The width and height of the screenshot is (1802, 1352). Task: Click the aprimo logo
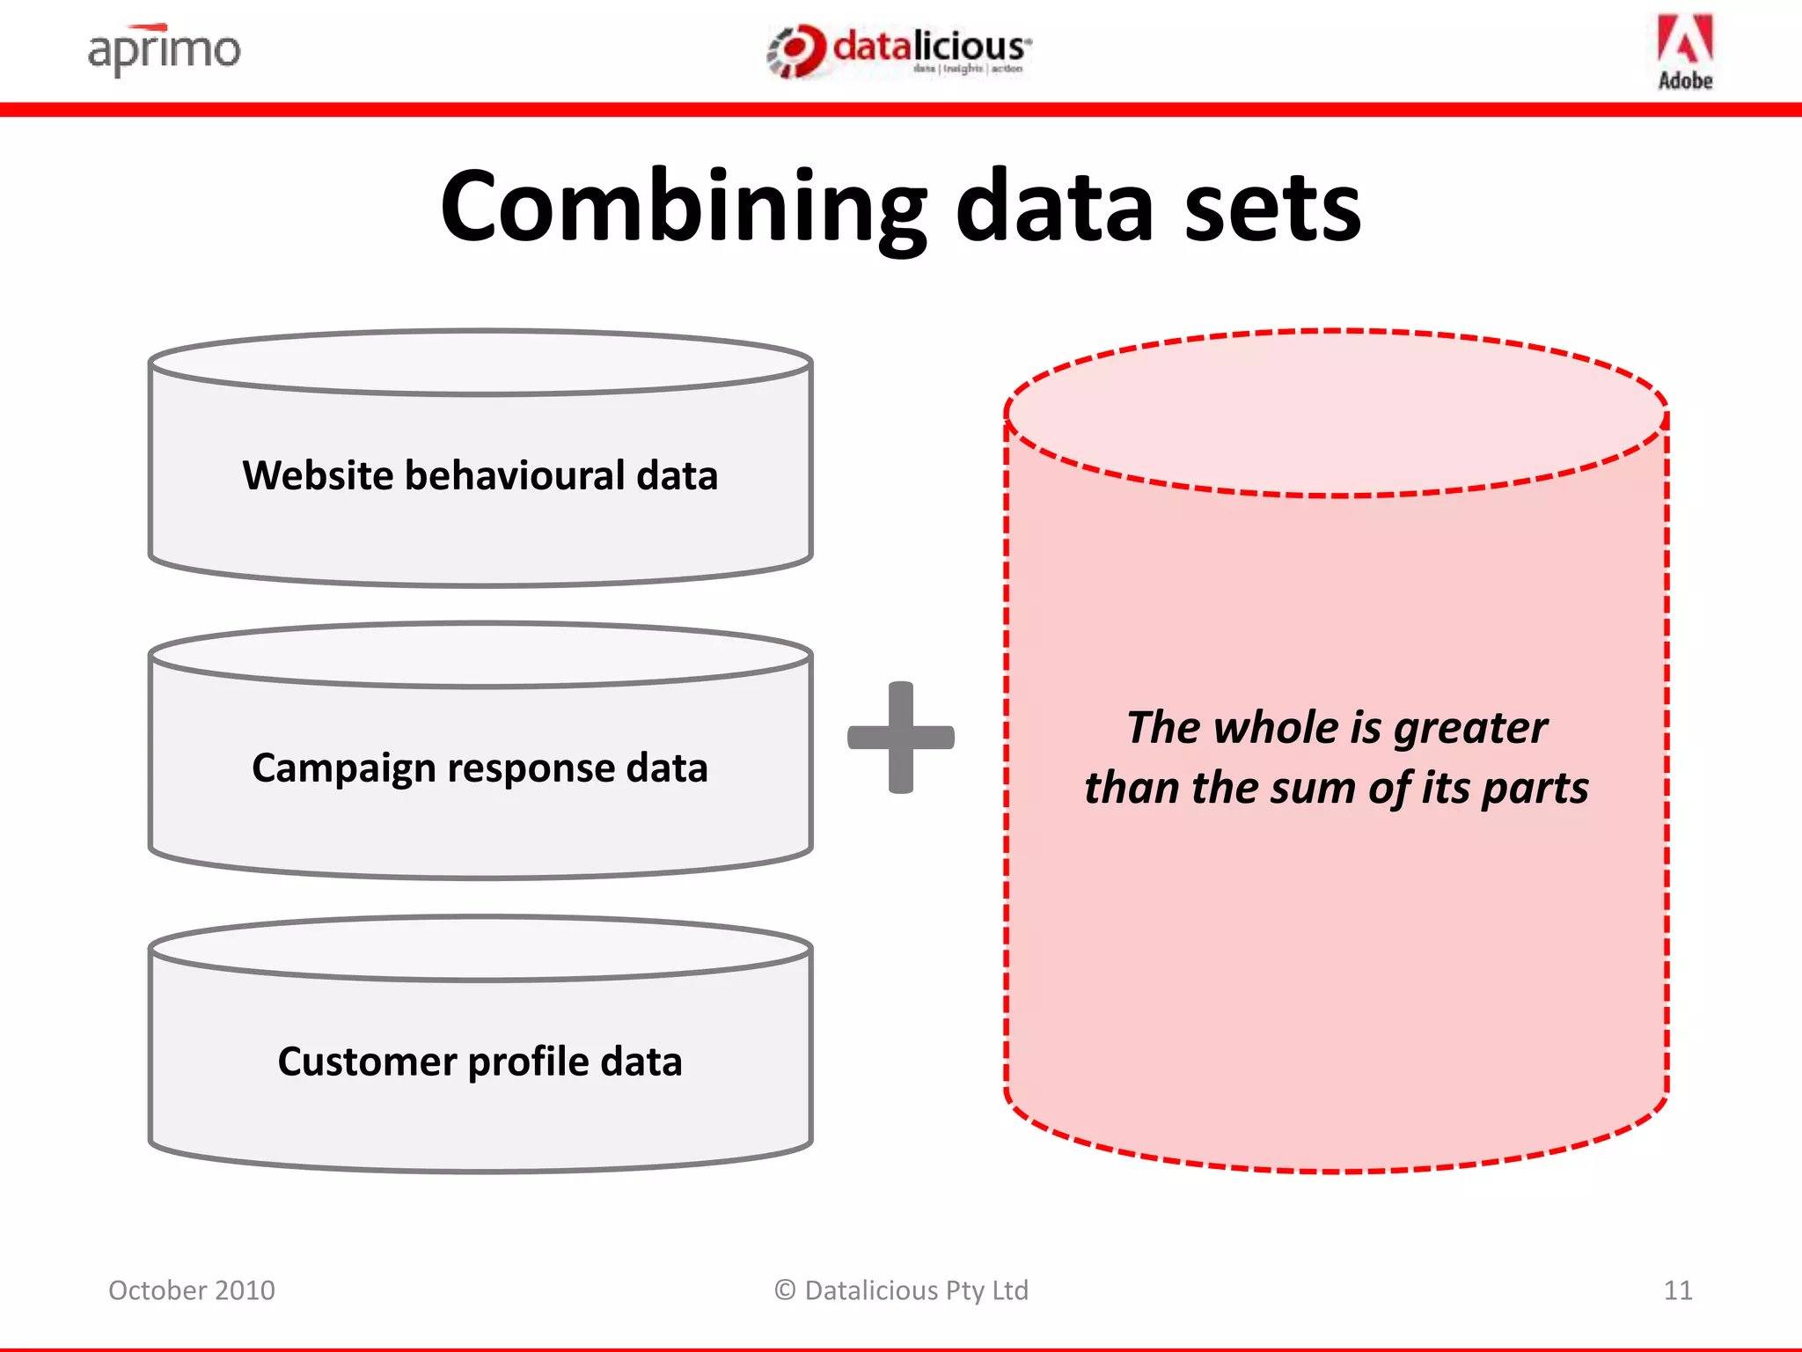[x=164, y=49]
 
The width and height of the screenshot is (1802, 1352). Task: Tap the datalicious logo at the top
[x=899, y=49]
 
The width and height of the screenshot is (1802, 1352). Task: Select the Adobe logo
[x=1685, y=51]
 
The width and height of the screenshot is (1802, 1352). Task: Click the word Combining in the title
[x=683, y=208]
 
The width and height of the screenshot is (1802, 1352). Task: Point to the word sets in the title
[x=1272, y=208]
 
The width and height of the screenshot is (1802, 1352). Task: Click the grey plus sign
[x=900, y=738]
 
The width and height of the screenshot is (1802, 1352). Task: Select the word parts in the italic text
[x=1535, y=788]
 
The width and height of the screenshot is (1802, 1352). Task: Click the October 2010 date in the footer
[x=192, y=1290]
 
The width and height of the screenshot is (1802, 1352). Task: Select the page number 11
[x=1677, y=1290]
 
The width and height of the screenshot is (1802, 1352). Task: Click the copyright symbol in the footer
[x=785, y=1290]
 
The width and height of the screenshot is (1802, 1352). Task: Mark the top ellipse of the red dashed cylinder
[x=1336, y=414]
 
